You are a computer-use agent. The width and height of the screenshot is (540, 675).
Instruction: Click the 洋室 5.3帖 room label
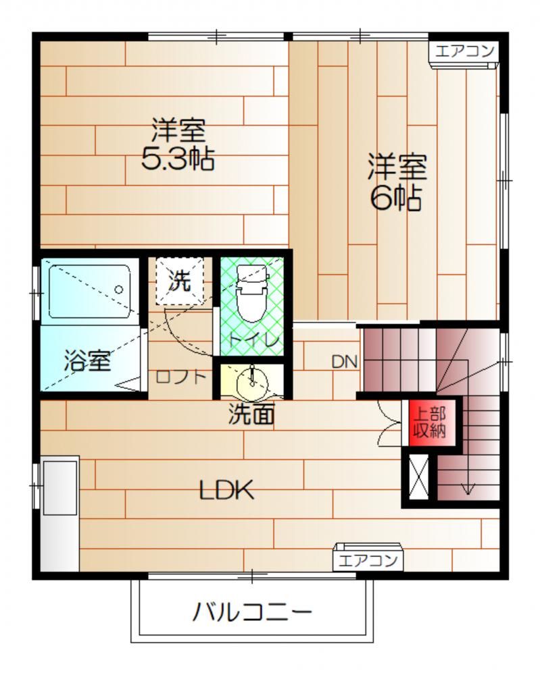pyautogui.click(x=178, y=144)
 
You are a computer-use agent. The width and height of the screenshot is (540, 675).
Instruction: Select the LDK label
pyautogui.click(x=226, y=490)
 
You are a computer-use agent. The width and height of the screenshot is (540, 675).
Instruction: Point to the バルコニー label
pyautogui.click(x=251, y=612)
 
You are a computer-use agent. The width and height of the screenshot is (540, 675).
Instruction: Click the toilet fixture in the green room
pyautogui.click(x=253, y=293)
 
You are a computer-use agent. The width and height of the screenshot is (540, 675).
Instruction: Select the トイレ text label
pyautogui.click(x=254, y=340)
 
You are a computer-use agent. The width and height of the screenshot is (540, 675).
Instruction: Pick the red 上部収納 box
pyautogui.click(x=429, y=423)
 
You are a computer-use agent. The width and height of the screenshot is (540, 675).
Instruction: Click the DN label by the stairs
pyautogui.click(x=345, y=362)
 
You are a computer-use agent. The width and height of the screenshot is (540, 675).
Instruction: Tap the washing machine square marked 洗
pyautogui.click(x=180, y=281)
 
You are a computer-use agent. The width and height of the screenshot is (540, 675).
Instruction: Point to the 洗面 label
pyautogui.click(x=251, y=414)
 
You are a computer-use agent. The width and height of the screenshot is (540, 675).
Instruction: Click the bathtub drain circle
pyautogui.click(x=118, y=290)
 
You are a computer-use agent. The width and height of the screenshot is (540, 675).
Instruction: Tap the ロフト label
pyautogui.click(x=181, y=377)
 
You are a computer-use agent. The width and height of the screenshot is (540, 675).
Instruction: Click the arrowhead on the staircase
pyautogui.click(x=468, y=489)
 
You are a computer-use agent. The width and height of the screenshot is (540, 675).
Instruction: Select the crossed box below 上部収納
pyautogui.click(x=418, y=477)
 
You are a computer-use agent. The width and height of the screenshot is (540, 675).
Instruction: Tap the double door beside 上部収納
pyautogui.click(x=389, y=423)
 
